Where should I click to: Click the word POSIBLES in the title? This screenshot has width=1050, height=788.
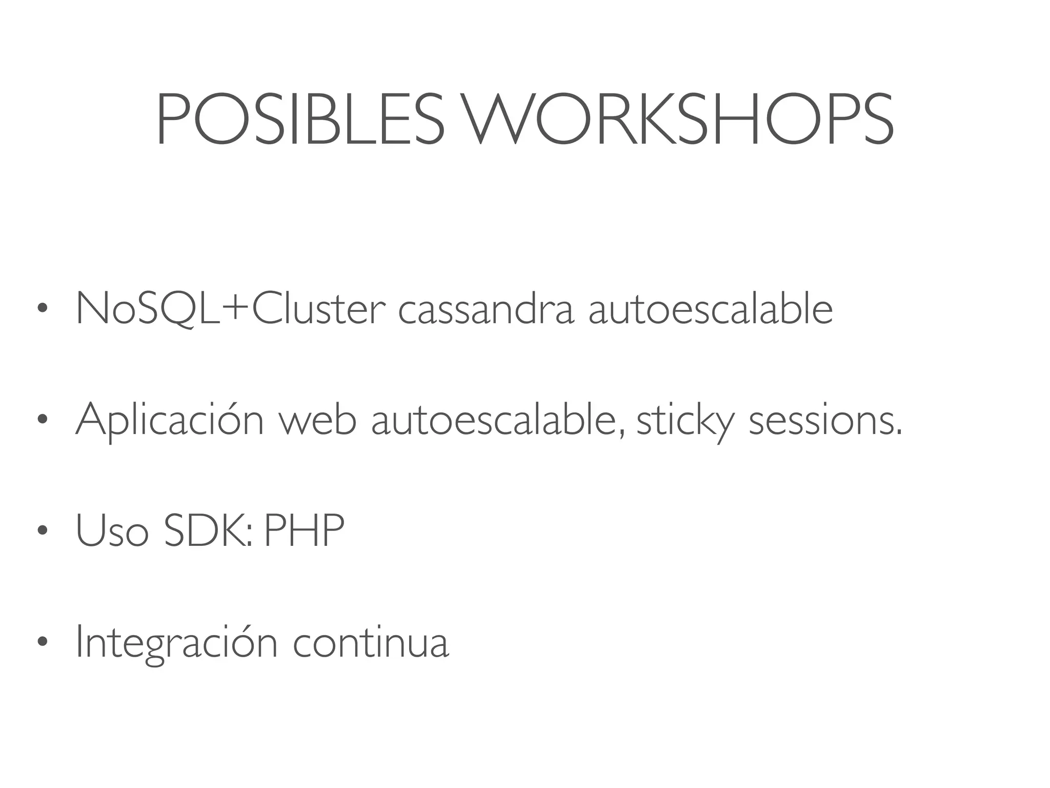(x=300, y=119)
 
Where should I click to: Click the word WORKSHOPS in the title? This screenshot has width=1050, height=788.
(x=679, y=119)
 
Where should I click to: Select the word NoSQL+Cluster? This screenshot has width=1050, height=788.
(x=230, y=309)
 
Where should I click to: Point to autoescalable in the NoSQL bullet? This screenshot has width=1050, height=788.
(x=711, y=309)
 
